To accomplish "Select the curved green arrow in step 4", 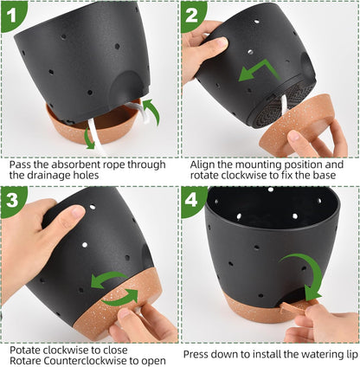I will pyautogui.click(x=307, y=277).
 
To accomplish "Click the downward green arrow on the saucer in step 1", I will pyautogui.click(x=89, y=138).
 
